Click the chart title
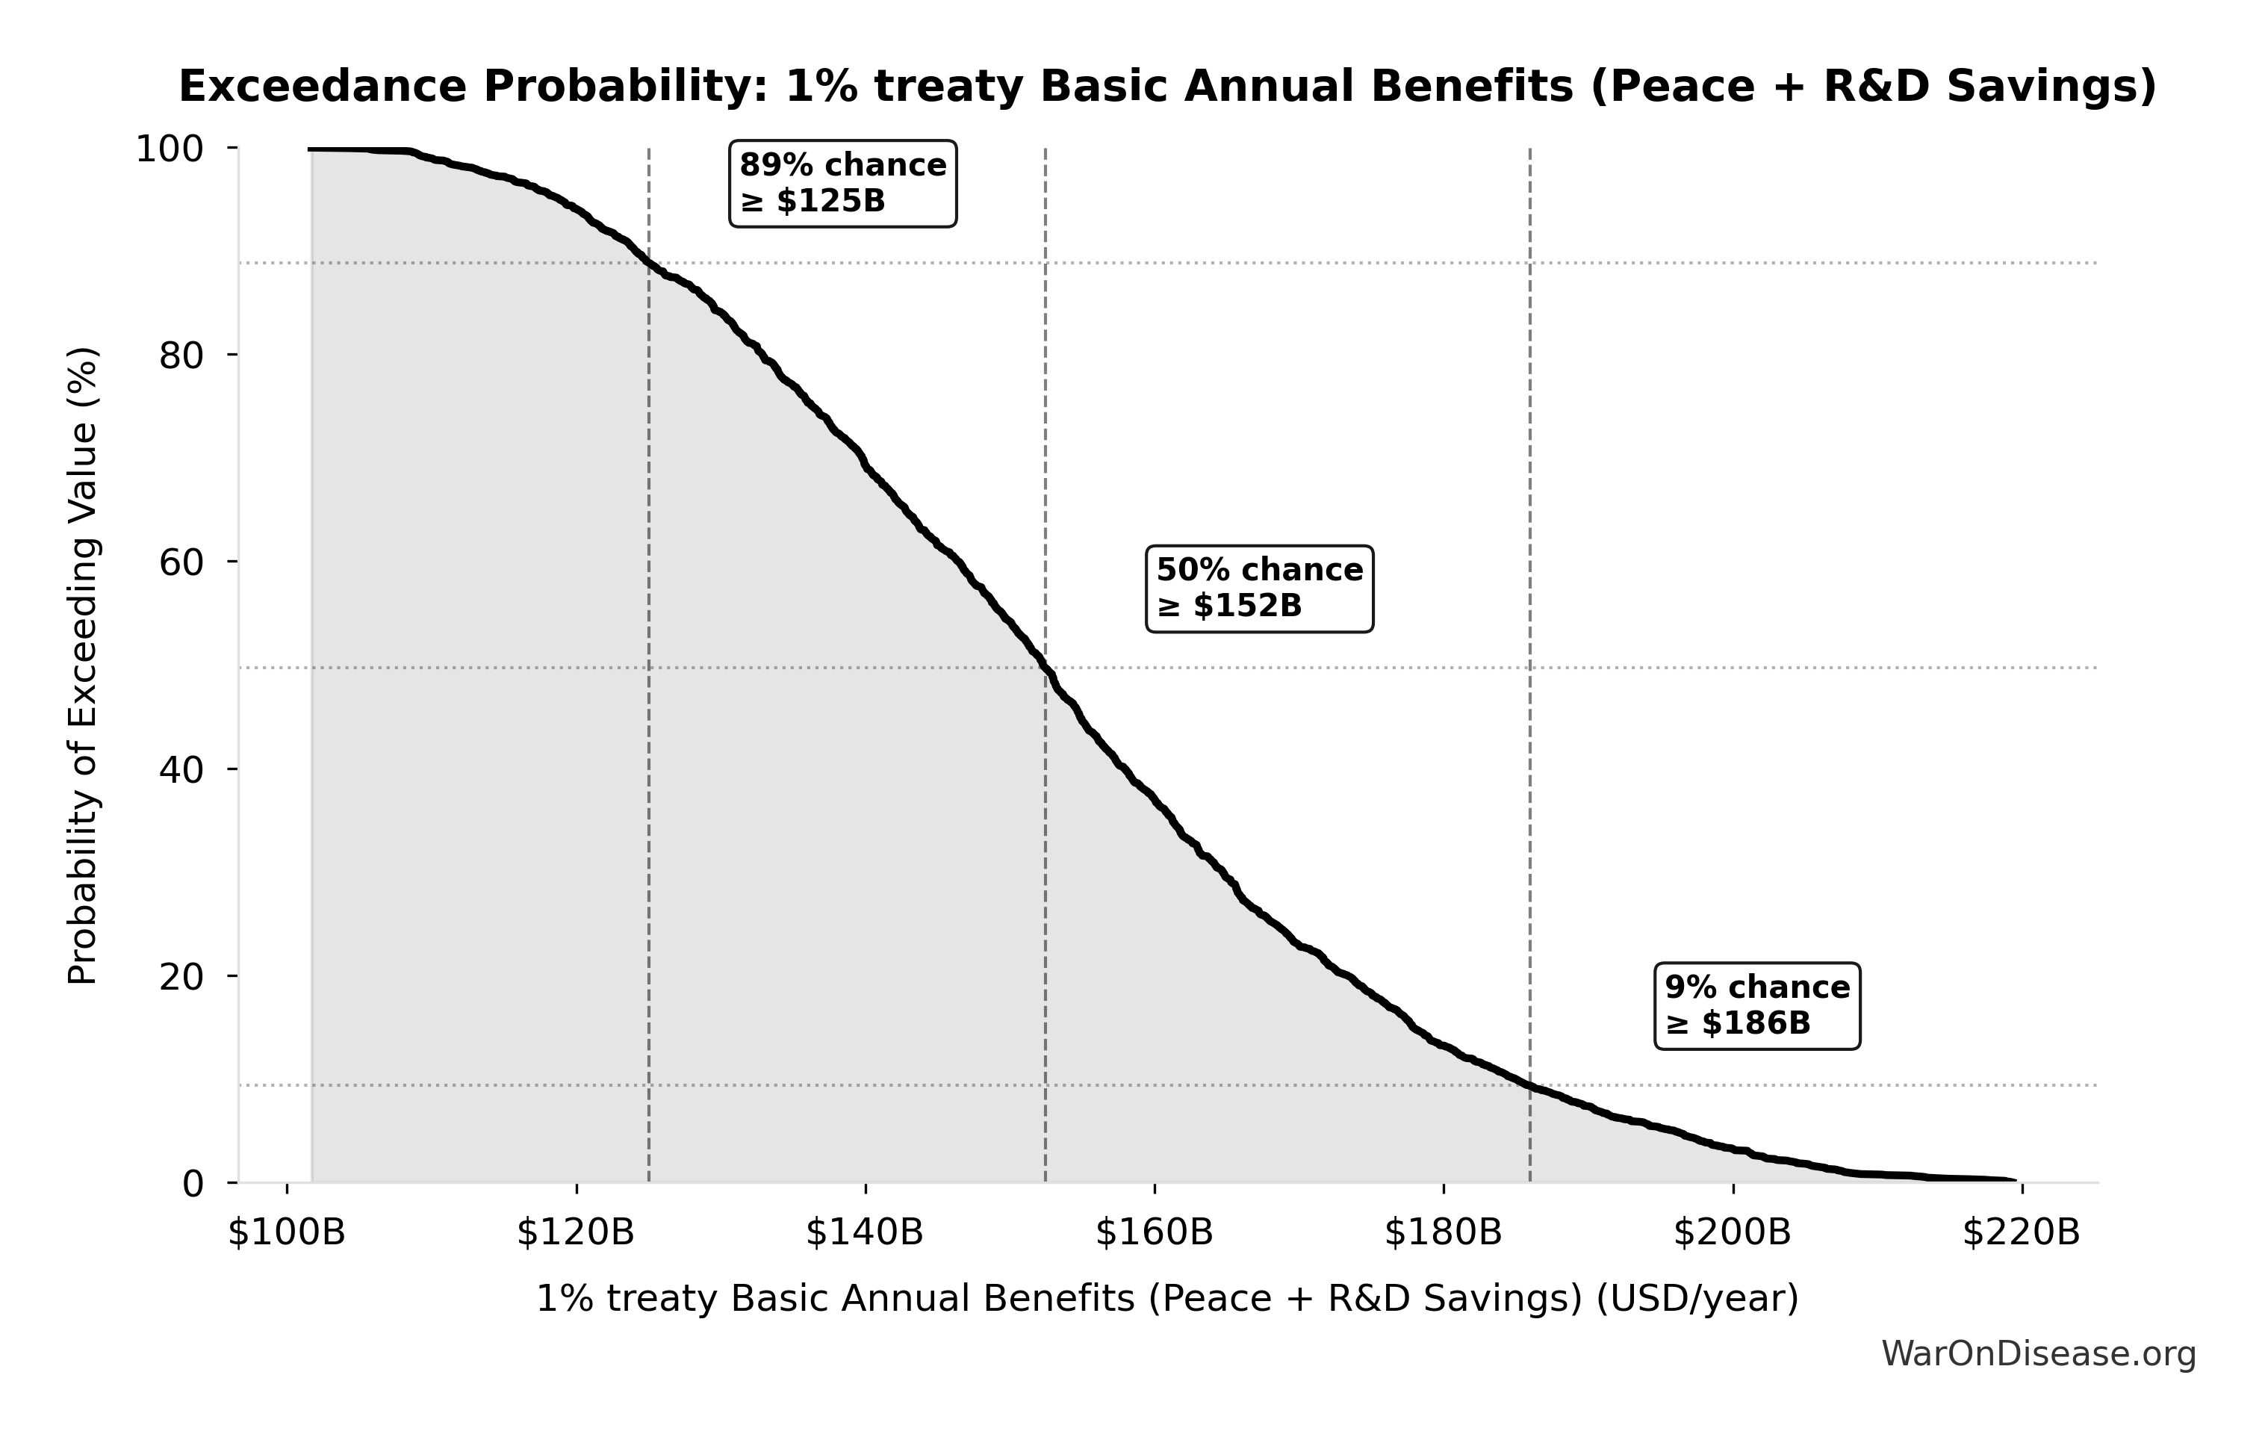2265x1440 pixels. point(1167,87)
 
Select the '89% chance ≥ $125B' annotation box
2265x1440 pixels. point(843,184)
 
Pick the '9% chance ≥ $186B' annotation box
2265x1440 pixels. point(1757,1005)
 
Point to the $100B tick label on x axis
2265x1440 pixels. point(287,1232)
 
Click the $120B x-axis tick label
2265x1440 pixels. point(576,1232)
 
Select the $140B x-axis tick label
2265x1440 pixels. point(865,1232)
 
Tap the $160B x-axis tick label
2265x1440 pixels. point(1154,1232)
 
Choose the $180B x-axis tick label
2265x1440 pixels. point(1443,1232)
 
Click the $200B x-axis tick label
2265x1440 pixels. point(1732,1232)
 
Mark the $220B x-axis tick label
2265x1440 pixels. point(2021,1232)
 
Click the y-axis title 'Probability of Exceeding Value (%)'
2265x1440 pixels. point(83,666)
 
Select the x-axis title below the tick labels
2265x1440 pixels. point(1167,1299)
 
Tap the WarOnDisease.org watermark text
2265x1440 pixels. point(2038,1354)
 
